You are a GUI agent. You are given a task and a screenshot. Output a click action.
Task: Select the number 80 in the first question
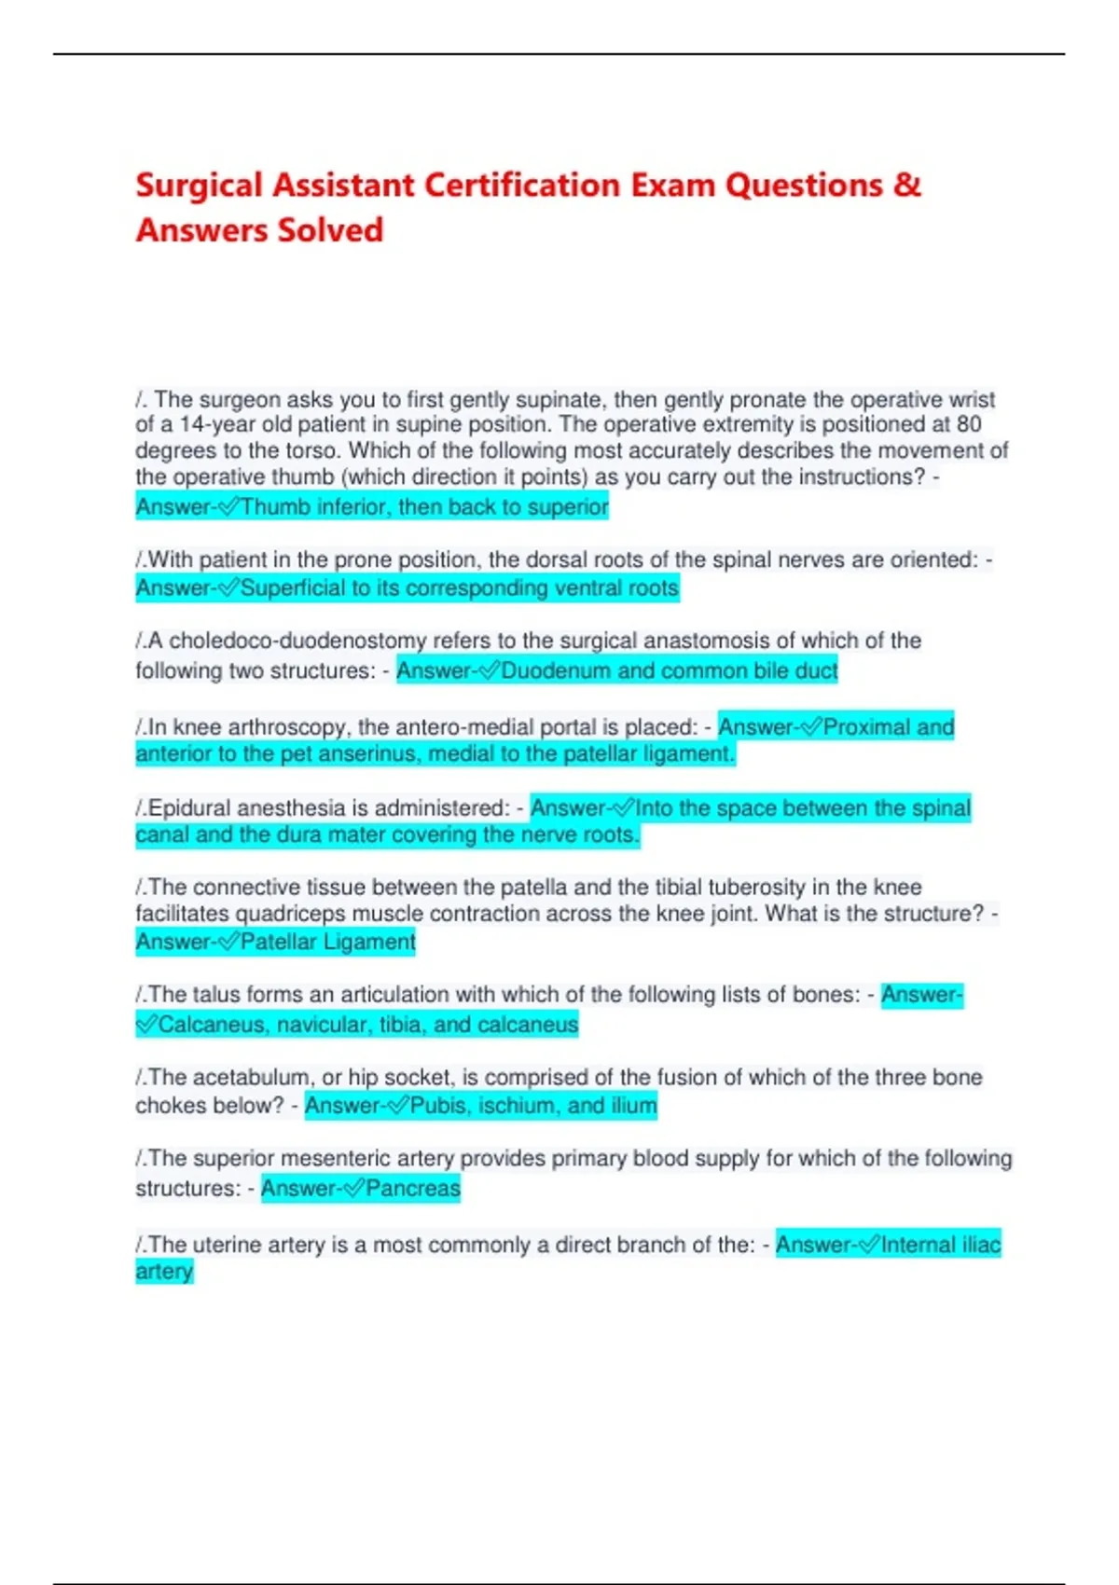[969, 424]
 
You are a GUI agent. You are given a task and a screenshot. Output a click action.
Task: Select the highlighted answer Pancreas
[412, 1189]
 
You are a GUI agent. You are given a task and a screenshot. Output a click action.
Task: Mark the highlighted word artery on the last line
[164, 1272]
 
